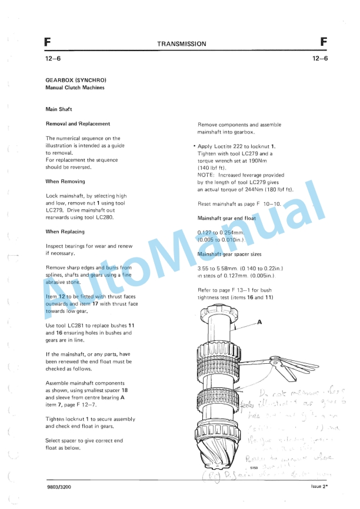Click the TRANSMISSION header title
[181, 43]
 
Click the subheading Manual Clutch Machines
[75, 88]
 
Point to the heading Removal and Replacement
[78, 124]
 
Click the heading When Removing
[65, 182]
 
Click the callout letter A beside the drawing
[259, 322]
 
